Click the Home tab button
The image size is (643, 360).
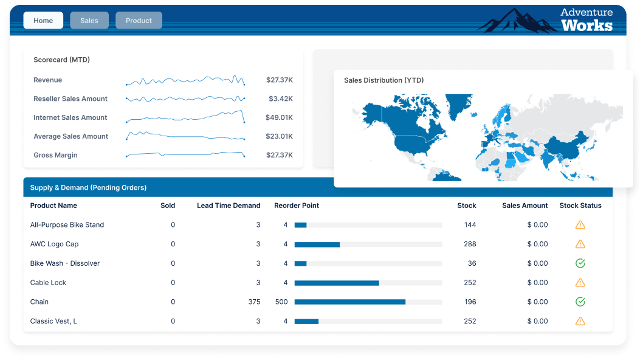click(x=43, y=21)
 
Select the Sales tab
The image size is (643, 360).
click(x=89, y=21)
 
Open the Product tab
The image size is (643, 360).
click(x=139, y=21)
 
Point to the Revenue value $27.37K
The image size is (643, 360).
click(x=280, y=80)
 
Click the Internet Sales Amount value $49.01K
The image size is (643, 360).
click(x=280, y=118)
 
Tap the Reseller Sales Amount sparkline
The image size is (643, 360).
click(x=185, y=99)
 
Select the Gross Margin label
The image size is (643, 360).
click(x=55, y=156)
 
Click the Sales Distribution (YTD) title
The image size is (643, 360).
click(x=383, y=80)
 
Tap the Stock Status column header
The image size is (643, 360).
click(x=580, y=206)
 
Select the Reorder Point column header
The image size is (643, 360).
click(x=297, y=206)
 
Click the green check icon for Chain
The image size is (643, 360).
click(x=580, y=302)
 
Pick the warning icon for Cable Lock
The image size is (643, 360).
click(x=580, y=282)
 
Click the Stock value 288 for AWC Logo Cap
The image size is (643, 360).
click(x=469, y=244)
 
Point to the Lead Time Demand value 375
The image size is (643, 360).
click(x=254, y=302)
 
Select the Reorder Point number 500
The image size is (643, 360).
click(x=281, y=302)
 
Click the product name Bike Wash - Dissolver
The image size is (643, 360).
click(x=65, y=263)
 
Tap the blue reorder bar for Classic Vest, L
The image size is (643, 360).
click(x=306, y=321)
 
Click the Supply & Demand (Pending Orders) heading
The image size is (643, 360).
click(x=88, y=188)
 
